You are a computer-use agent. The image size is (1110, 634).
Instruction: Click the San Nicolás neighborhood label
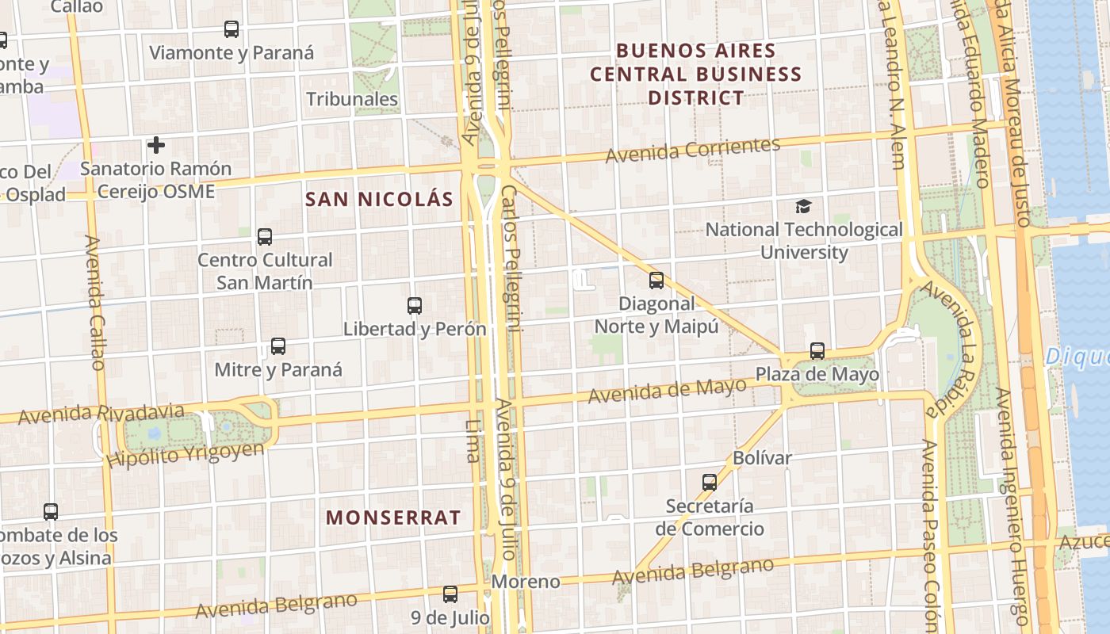tap(379, 199)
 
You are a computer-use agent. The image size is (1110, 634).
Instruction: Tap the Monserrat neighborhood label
tap(393, 518)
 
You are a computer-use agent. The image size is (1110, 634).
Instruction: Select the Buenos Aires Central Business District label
tap(696, 74)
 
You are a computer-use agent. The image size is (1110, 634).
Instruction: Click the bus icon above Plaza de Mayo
tap(817, 350)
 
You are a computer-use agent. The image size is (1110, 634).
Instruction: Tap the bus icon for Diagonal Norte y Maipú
tap(656, 280)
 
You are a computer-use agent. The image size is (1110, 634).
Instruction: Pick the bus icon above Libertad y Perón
tap(414, 305)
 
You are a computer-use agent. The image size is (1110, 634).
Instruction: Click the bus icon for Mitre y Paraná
tap(278, 346)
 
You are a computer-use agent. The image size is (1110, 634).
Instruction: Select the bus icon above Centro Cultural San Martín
tap(265, 236)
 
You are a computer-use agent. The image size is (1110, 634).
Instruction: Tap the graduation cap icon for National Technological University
tap(804, 206)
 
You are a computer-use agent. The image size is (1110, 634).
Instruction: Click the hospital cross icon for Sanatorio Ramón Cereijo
tap(156, 145)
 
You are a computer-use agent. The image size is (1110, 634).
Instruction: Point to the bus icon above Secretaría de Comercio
tap(710, 482)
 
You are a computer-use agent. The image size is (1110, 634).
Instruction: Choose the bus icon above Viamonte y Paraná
tap(232, 29)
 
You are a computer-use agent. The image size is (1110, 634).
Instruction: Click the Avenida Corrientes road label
tap(693, 150)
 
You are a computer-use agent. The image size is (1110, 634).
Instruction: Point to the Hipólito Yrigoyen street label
tap(185, 455)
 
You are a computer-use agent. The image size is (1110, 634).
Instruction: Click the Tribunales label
tap(352, 99)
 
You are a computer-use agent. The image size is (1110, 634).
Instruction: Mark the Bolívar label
tap(762, 458)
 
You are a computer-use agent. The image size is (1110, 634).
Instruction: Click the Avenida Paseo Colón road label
tap(929, 531)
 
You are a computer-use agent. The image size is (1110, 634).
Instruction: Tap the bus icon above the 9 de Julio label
tap(450, 594)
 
